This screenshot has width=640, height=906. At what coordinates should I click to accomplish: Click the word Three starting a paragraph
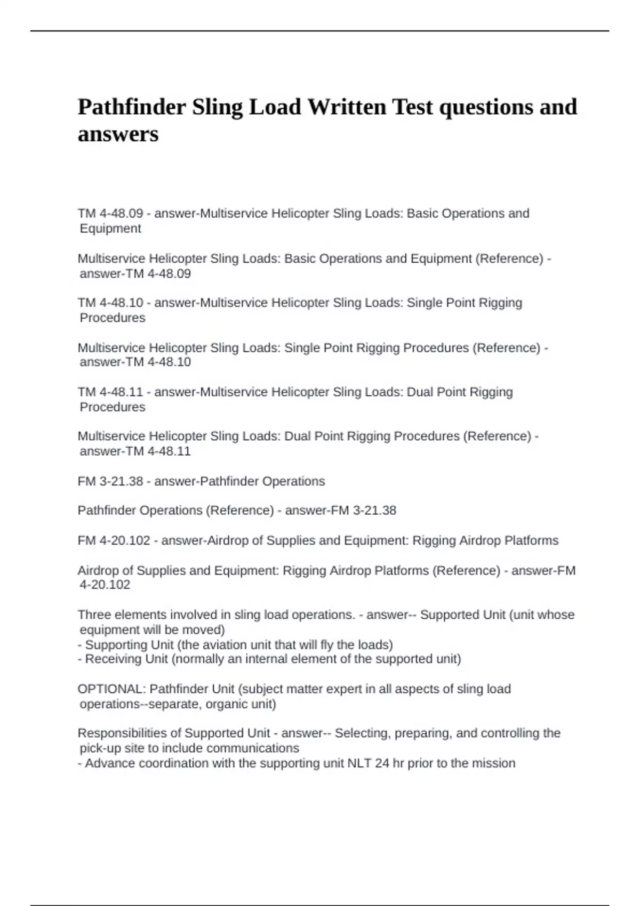point(94,614)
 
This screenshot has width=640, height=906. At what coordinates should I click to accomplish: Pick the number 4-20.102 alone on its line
point(105,585)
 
